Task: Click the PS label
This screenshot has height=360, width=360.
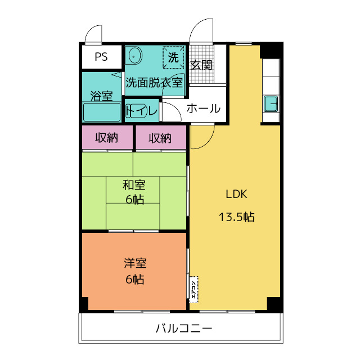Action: click(x=101, y=57)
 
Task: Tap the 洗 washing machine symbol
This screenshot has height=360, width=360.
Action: click(x=173, y=56)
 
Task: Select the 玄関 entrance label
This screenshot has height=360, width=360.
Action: click(x=201, y=65)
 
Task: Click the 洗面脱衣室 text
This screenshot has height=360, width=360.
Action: click(x=154, y=82)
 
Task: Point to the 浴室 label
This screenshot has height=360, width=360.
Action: click(x=101, y=96)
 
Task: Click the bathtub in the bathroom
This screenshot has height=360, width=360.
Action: click(x=102, y=111)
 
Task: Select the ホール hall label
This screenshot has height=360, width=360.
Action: click(x=202, y=109)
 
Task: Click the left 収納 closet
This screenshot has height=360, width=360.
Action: click(x=106, y=138)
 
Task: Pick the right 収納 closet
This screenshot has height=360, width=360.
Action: click(x=160, y=138)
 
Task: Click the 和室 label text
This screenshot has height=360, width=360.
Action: click(x=134, y=184)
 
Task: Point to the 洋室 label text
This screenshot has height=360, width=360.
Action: click(x=134, y=263)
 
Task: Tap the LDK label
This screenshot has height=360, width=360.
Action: click(x=236, y=195)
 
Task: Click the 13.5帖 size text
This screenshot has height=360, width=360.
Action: click(x=236, y=217)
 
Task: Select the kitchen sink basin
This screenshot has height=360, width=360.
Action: click(x=271, y=104)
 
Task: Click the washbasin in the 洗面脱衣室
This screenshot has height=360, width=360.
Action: click(x=134, y=56)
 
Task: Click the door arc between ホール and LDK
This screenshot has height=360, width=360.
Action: click(x=203, y=135)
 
